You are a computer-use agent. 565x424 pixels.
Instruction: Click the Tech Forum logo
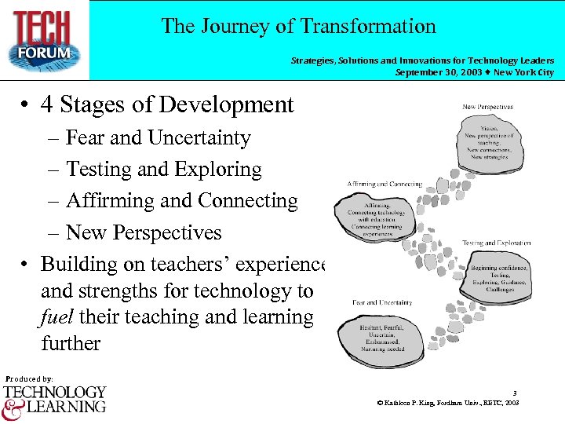tap(45, 39)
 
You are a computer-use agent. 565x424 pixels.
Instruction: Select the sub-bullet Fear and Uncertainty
tap(158, 138)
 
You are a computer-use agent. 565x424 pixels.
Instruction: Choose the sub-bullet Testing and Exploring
tap(163, 170)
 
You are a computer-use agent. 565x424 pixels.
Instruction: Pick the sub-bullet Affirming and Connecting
tap(181, 201)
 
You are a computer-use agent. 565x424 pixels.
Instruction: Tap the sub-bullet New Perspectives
tap(144, 233)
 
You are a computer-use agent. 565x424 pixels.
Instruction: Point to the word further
tap(71, 344)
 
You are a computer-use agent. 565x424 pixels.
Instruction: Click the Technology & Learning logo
tap(54, 399)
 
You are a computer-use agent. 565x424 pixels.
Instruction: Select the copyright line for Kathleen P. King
tap(447, 403)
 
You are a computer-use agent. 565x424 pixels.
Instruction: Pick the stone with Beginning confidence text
tap(499, 279)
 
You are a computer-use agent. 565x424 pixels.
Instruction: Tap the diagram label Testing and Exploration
tap(496, 243)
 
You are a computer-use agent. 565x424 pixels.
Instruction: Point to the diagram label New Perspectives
tap(487, 107)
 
